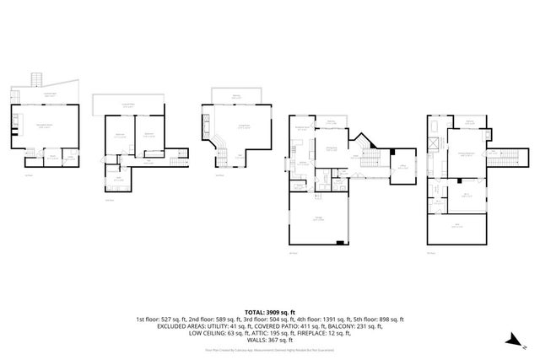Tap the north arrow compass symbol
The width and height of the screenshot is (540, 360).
(511, 339)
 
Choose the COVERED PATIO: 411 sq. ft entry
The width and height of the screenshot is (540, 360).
(300, 326)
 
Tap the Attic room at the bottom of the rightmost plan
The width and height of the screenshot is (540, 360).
(457, 227)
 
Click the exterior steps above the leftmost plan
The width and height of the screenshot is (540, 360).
(35, 81)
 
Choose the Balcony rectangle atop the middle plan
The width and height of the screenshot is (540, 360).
(236, 95)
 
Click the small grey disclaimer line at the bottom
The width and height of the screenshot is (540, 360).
(270, 351)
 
